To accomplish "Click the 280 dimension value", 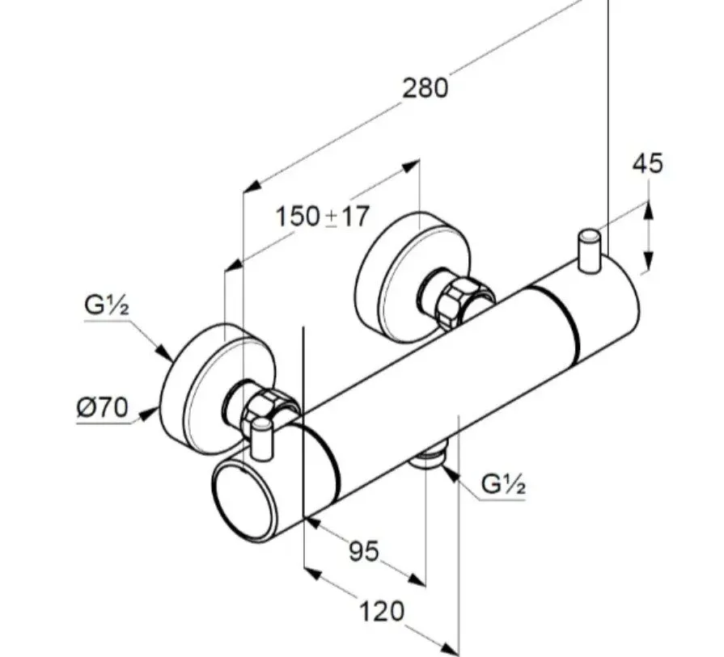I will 425,87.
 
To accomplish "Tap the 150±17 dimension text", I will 322,217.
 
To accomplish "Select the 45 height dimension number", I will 647,163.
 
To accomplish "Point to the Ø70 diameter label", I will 103,409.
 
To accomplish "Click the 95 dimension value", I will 364,551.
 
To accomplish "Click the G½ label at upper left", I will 108,306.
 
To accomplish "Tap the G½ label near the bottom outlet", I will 504,484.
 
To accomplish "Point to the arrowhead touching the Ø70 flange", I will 152,414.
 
